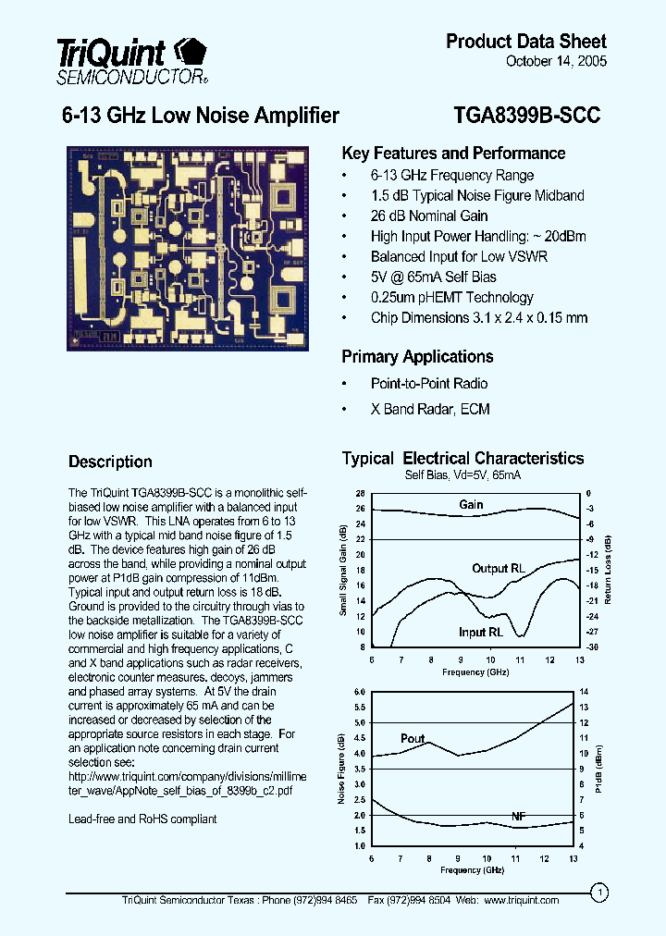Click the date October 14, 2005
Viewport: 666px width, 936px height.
coord(557,62)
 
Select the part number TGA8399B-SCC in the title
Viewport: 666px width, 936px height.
coord(527,116)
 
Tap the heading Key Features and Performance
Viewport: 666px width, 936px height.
coord(453,154)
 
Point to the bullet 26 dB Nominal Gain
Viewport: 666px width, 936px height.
coord(429,216)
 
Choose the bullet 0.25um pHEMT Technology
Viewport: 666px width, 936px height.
coord(451,297)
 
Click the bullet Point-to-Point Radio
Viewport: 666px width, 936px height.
coord(429,383)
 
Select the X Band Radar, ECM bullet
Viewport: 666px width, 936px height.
coord(430,409)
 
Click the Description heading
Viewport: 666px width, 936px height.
coord(110,462)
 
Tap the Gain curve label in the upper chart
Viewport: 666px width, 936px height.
coord(472,504)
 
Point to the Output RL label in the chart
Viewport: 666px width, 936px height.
coord(502,568)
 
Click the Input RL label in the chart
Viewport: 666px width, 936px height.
coord(481,633)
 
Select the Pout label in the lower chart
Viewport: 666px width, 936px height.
coord(413,738)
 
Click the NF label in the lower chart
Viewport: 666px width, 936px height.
coord(519,817)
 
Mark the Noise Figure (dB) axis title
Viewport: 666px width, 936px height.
coord(341,769)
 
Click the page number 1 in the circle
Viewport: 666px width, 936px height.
coord(600,893)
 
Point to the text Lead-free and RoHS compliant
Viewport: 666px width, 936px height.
coord(142,819)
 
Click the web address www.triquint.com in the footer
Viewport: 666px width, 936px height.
coord(522,900)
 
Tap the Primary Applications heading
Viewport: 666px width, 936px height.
coord(417,357)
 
